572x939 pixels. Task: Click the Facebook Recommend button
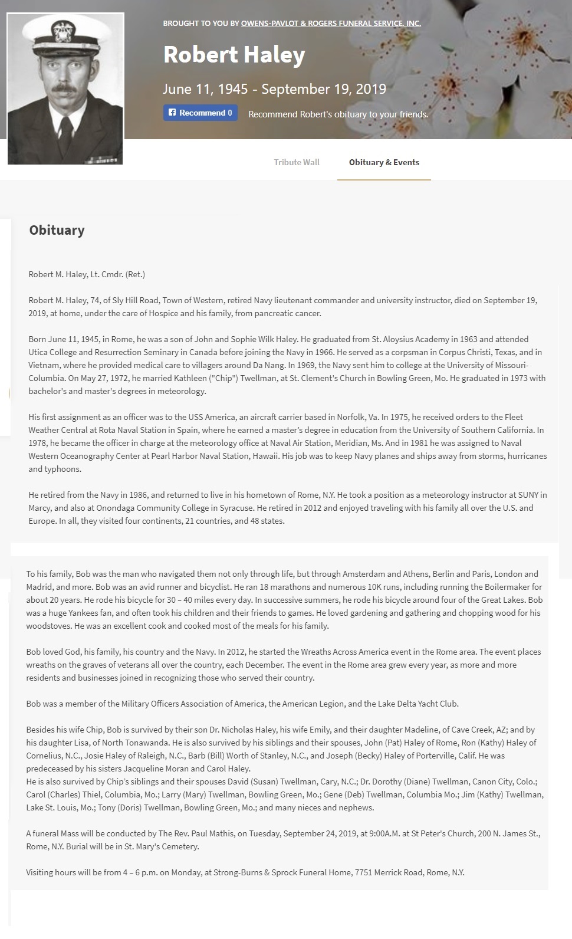[200, 113]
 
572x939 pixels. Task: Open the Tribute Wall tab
[296, 162]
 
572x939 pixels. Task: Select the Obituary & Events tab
[384, 162]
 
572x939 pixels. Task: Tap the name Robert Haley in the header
[234, 55]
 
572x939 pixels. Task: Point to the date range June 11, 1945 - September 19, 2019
[274, 89]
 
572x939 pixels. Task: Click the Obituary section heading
[57, 230]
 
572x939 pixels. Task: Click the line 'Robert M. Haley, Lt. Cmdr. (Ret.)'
[87, 274]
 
